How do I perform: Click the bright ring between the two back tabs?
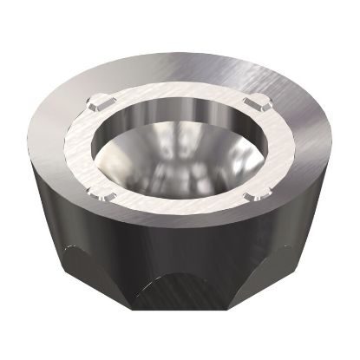coord(178,89)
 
